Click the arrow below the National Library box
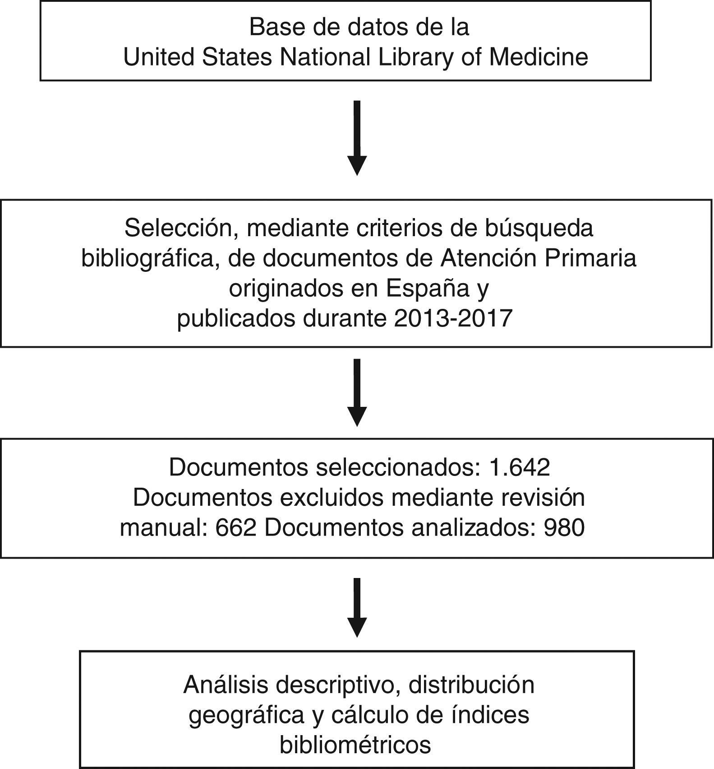click(x=357, y=138)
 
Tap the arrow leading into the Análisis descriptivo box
click(x=357, y=607)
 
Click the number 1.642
click(x=519, y=468)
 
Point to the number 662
click(x=235, y=527)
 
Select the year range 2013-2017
click(x=453, y=318)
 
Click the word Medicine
click(x=539, y=57)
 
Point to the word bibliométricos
click(x=355, y=745)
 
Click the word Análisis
click(x=226, y=685)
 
